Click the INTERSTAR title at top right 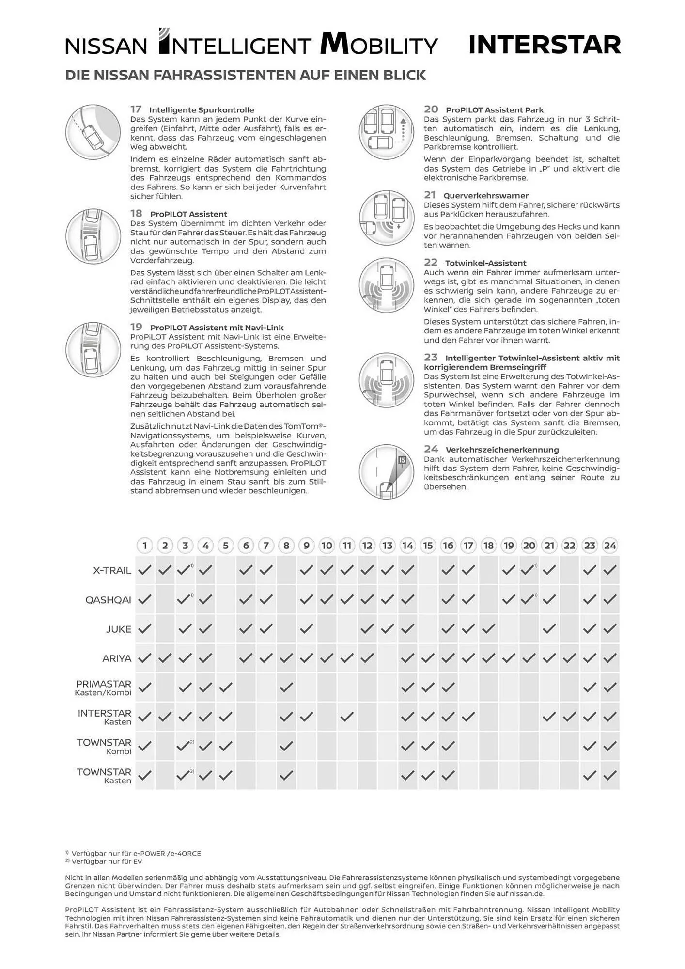point(545,45)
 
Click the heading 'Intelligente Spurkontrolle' point(202,110)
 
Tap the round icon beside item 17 point(93,131)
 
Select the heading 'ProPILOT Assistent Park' point(495,110)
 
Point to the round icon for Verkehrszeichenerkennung point(387,471)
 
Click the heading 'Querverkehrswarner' point(486,196)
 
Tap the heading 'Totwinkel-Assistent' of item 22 point(485,263)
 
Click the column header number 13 point(388,546)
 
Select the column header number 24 point(610,546)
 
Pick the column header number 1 point(145,546)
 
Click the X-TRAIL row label point(112,570)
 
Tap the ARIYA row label point(117,658)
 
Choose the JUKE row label point(119,629)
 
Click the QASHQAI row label point(108,600)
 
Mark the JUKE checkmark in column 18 point(488,629)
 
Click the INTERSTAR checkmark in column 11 point(347,716)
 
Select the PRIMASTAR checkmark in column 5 point(226,687)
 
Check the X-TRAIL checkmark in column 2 point(165,570)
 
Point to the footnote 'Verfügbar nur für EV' point(107,861)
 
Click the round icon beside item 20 point(387,131)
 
